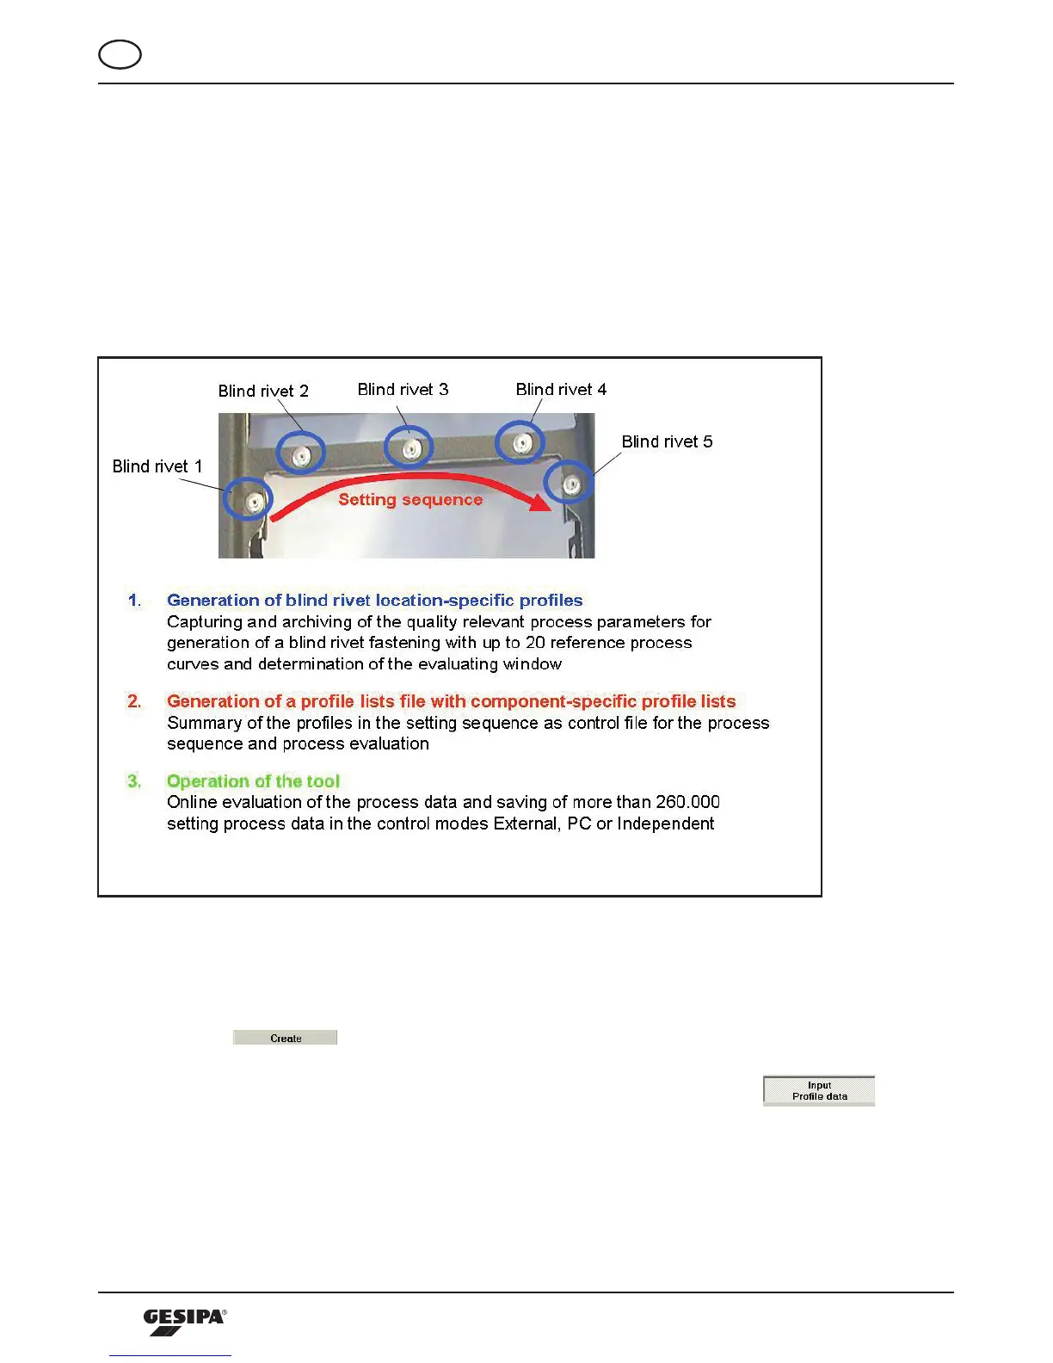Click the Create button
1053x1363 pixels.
pyautogui.click(x=285, y=1038)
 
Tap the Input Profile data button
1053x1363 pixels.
pyautogui.click(x=818, y=1090)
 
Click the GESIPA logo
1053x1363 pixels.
pyautogui.click(x=184, y=1322)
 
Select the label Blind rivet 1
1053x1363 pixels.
pyautogui.click(x=157, y=466)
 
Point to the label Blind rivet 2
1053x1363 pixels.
pyautogui.click(x=263, y=391)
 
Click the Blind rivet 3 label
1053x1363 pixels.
pyautogui.click(x=403, y=389)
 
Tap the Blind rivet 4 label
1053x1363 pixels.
pyautogui.click(x=561, y=389)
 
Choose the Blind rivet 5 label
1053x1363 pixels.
pyautogui.click(x=667, y=441)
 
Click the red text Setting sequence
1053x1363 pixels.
pyautogui.click(x=410, y=499)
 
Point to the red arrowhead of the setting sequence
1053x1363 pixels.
pyautogui.click(x=540, y=503)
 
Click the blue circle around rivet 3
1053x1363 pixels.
pyautogui.click(x=408, y=447)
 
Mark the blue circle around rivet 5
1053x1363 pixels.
pyautogui.click(x=569, y=482)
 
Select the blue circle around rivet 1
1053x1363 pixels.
pyautogui.click(x=249, y=498)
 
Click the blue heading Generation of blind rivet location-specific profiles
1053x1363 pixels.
pyautogui.click(x=374, y=600)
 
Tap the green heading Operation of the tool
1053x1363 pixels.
pyautogui.click(x=253, y=780)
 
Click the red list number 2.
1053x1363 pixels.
pyautogui.click(x=134, y=701)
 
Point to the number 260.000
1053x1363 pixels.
pyautogui.click(x=687, y=802)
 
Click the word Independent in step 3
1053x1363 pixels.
pyautogui.click(x=665, y=823)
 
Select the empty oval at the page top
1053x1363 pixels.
pyautogui.click(x=120, y=55)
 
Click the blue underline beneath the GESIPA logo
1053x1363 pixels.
pyautogui.click(x=170, y=1355)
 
